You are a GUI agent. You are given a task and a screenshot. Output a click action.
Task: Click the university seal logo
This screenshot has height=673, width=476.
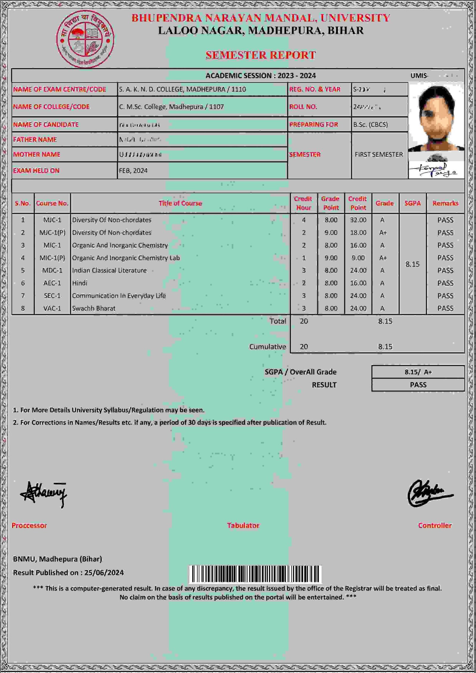(85, 39)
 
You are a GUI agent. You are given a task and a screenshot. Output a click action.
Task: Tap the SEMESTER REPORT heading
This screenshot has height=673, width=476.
(261, 55)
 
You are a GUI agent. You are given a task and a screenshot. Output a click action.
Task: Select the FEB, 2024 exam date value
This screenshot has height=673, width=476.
(133, 170)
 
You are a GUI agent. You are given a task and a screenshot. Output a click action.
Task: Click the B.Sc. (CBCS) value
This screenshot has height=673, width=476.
(370, 124)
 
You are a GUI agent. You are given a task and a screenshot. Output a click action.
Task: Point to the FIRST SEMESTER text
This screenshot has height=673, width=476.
(379, 154)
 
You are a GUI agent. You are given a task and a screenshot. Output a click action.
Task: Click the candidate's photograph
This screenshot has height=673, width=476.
(436, 118)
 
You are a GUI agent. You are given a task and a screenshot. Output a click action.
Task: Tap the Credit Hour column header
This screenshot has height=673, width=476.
(303, 203)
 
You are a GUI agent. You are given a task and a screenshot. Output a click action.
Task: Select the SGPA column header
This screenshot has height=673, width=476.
(412, 203)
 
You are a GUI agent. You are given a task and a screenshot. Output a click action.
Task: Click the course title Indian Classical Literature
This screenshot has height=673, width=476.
(109, 270)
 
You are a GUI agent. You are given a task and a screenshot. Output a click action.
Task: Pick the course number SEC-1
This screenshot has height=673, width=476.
(52, 296)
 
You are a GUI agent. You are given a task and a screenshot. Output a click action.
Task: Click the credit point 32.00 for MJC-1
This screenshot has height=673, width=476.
(358, 220)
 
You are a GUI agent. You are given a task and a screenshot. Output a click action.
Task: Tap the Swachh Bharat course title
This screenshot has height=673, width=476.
(93, 308)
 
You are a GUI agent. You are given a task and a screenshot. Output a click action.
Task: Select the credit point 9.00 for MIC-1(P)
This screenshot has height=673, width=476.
(358, 258)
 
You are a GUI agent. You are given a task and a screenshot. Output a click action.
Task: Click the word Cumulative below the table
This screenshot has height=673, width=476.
(267, 347)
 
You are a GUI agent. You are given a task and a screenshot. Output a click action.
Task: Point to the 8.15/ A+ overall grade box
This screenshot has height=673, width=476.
(418, 372)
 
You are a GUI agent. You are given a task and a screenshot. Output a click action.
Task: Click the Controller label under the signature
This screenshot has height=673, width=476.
(435, 525)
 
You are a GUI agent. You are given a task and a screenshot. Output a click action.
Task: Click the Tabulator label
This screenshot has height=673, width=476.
(243, 525)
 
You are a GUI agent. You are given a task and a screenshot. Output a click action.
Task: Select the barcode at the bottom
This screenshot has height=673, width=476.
(255, 574)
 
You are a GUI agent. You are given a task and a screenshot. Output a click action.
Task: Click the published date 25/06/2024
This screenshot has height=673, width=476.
(104, 573)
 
